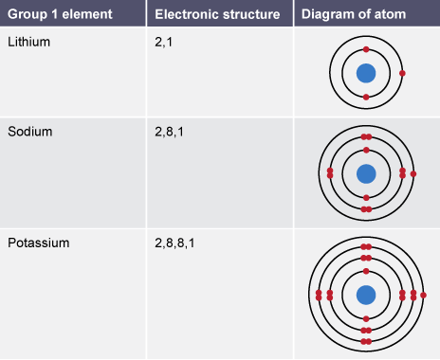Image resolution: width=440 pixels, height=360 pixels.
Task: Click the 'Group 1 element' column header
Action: point(60,14)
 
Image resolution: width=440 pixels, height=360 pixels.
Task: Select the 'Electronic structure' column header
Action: point(217,14)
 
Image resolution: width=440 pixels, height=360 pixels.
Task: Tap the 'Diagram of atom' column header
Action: point(354,14)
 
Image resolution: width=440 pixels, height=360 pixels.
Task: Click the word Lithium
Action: point(28,42)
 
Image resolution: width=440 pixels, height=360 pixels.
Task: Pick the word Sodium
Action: point(30,132)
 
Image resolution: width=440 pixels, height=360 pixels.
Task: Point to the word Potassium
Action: point(39,243)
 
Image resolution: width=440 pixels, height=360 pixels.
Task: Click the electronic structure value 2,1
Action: point(163,42)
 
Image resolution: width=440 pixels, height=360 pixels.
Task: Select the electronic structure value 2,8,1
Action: point(169,132)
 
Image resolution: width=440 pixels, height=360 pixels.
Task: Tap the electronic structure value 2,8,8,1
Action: point(174,243)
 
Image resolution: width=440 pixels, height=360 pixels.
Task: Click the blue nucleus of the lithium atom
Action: point(366,73)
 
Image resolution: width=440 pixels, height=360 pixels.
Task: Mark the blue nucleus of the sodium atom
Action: point(366,173)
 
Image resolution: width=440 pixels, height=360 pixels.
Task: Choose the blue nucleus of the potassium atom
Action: point(366,295)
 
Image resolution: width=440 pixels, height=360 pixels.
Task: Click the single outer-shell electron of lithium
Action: point(402,73)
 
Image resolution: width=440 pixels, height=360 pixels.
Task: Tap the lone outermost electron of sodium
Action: point(413,173)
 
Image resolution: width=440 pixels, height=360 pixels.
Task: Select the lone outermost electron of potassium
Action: point(424,295)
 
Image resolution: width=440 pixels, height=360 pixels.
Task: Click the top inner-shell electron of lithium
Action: point(366,49)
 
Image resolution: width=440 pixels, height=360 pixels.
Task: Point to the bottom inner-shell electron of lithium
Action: point(366,98)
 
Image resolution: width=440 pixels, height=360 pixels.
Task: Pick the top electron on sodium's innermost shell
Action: point(366,150)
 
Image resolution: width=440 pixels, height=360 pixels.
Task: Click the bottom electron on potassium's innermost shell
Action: point(366,319)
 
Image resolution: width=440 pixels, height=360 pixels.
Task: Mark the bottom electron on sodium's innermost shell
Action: point(366,198)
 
